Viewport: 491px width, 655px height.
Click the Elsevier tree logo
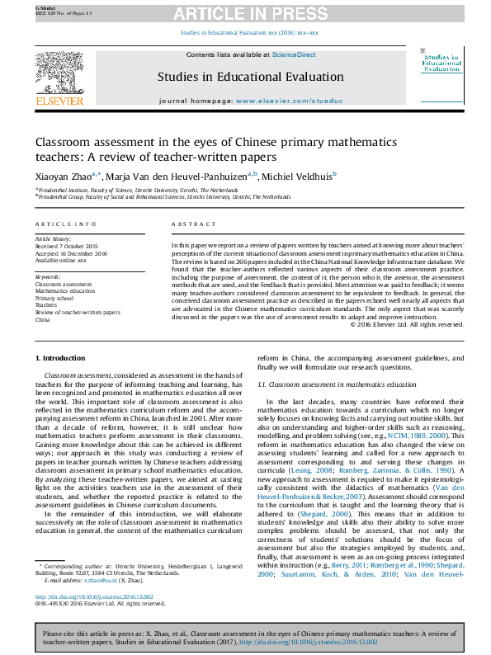(x=59, y=76)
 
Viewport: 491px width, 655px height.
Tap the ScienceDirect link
(x=295, y=54)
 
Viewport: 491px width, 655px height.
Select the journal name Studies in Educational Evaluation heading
(x=250, y=77)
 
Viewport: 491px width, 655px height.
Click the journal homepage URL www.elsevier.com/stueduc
(x=290, y=101)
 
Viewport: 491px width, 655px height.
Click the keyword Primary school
(x=54, y=298)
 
